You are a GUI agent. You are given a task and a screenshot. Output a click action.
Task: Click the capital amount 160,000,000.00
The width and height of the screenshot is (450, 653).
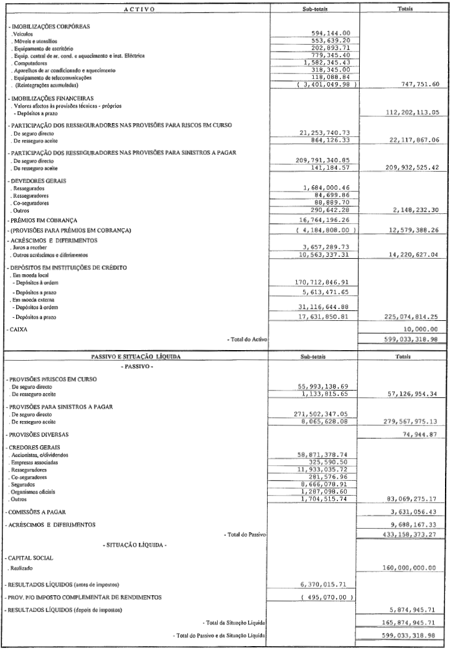[x=404, y=568]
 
